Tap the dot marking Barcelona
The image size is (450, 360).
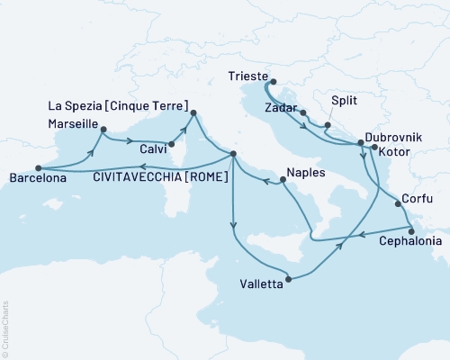tap(37, 167)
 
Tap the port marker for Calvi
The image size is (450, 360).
tap(171, 142)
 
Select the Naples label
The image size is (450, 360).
tap(308, 170)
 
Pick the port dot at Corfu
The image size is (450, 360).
tap(398, 204)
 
